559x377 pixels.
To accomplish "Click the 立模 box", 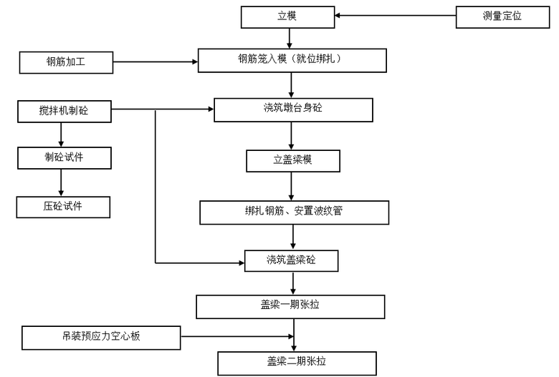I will coord(287,16).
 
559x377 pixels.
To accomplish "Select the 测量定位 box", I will coord(502,16).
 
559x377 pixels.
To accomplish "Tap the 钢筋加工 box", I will coord(67,62).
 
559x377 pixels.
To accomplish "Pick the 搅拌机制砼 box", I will coord(64,110).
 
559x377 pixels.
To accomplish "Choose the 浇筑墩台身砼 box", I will coord(293,109).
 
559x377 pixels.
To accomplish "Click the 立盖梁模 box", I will coord(292,161).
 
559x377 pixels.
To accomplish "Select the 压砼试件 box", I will coord(63,207).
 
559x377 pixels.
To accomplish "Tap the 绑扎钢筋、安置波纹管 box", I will coord(294,212).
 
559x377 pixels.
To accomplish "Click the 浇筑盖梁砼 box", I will coord(291,260).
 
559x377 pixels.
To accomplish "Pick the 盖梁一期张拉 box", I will coord(290,306).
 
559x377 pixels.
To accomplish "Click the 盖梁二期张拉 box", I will coord(296,362).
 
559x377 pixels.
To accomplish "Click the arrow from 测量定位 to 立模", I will coord(395,16).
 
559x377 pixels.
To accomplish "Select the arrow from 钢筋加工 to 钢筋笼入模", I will coord(156,62).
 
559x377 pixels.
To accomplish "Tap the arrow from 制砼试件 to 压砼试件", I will coord(61,182).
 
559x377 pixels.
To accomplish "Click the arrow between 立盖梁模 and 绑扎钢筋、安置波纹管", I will coord(291,186).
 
